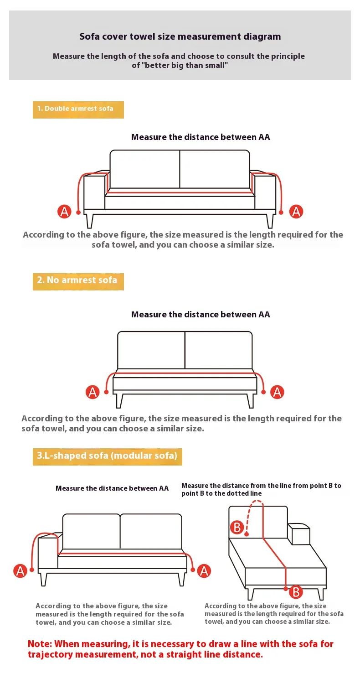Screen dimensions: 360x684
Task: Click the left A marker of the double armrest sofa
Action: [64, 211]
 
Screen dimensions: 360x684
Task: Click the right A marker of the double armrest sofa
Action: [296, 211]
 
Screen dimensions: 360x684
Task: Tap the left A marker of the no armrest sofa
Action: [93, 392]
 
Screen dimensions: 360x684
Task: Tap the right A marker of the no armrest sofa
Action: [277, 392]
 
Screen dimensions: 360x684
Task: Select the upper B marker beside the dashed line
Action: [237, 527]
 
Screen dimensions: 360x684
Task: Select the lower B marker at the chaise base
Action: [296, 592]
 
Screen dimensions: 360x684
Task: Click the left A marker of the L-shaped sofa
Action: [20, 571]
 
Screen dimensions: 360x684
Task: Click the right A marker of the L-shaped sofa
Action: [204, 571]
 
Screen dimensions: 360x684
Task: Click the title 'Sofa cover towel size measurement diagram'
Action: [180, 36]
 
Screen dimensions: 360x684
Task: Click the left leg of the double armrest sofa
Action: [89, 221]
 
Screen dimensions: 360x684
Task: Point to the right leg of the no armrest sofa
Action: [250, 401]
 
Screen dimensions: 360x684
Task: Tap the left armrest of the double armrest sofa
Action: [94, 191]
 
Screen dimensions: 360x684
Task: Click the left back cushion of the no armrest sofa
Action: [151, 350]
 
